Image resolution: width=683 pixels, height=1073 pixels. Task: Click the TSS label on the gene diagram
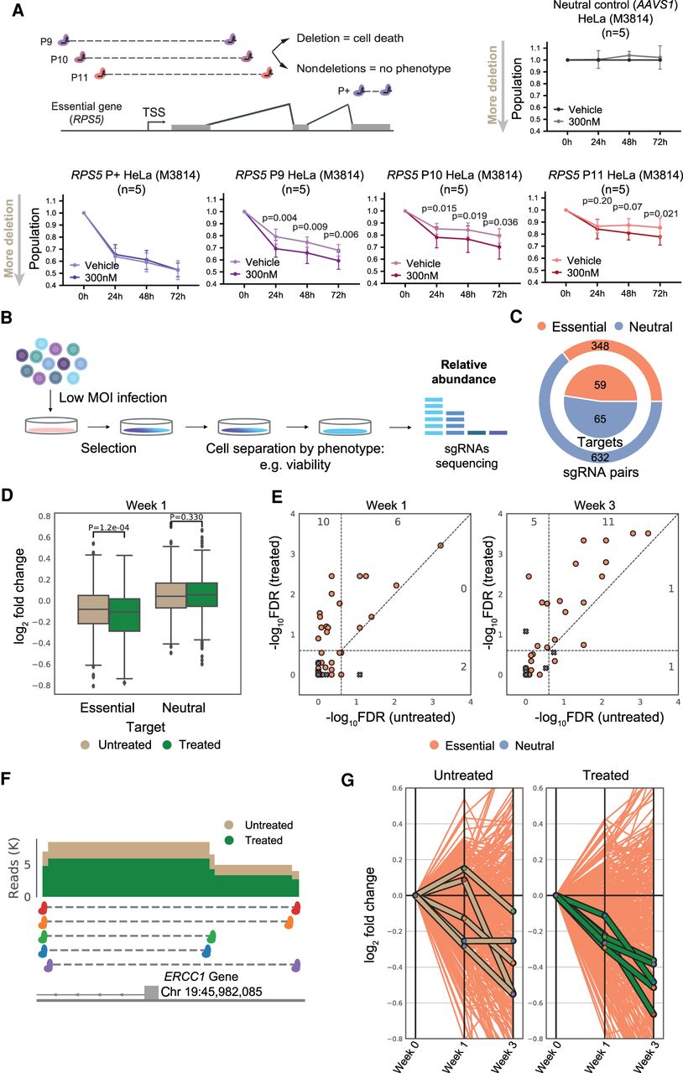(x=154, y=112)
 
